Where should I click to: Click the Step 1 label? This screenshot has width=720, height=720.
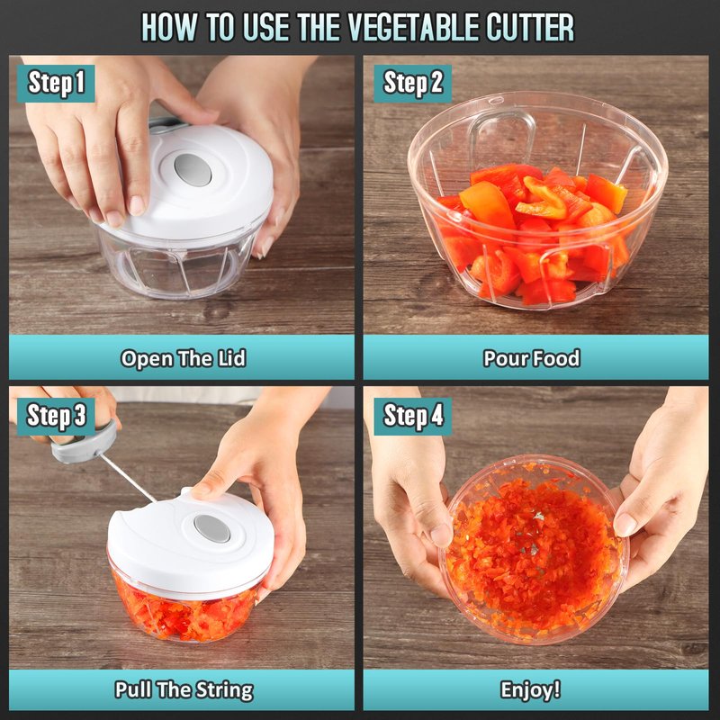tap(56, 83)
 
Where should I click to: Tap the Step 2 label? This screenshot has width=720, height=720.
tap(413, 83)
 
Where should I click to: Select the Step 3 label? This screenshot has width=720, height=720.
tap(56, 416)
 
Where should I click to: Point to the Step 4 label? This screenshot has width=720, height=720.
tap(413, 416)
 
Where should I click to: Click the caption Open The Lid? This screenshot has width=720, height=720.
tap(184, 358)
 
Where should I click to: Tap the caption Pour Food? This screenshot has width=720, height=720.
tap(532, 358)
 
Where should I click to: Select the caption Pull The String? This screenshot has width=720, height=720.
tap(184, 689)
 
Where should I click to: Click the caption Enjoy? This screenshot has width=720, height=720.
tap(531, 689)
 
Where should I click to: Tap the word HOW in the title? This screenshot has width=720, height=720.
tap(170, 27)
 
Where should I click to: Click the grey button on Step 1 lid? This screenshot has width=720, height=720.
tap(193, 169)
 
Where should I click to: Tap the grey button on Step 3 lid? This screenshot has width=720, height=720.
tap(211, 528)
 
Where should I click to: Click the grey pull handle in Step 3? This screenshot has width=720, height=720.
tap(85, 443)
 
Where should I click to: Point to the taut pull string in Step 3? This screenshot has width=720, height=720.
tap(128, 477)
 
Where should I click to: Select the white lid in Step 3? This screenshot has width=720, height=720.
tap(191, 542)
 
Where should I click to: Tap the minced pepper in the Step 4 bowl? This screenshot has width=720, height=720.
tap(533, 551)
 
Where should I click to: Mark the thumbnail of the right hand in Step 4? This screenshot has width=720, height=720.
tap(625, 524)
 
